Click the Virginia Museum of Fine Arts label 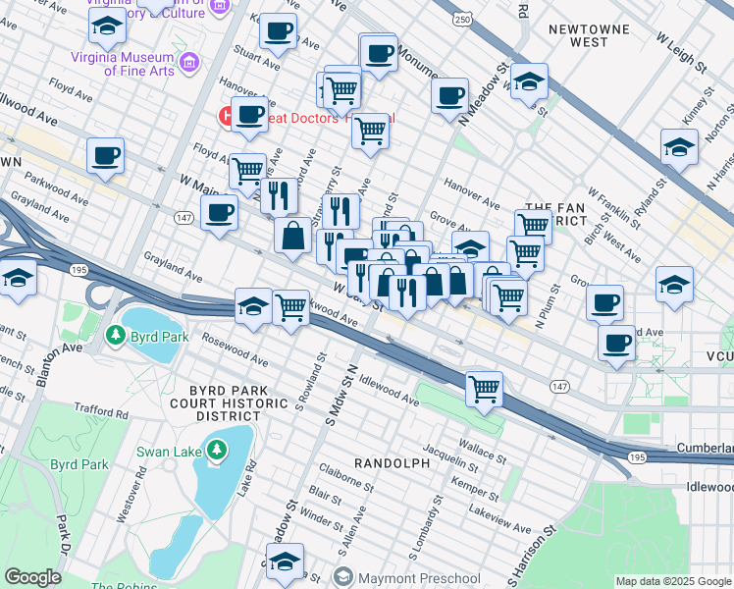click(123, 64)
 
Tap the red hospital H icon click(225, 117)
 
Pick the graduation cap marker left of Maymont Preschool click(285, 563)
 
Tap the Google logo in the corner click(32, 576)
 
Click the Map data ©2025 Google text click(673, 581)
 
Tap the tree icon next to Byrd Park click(117, 335)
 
